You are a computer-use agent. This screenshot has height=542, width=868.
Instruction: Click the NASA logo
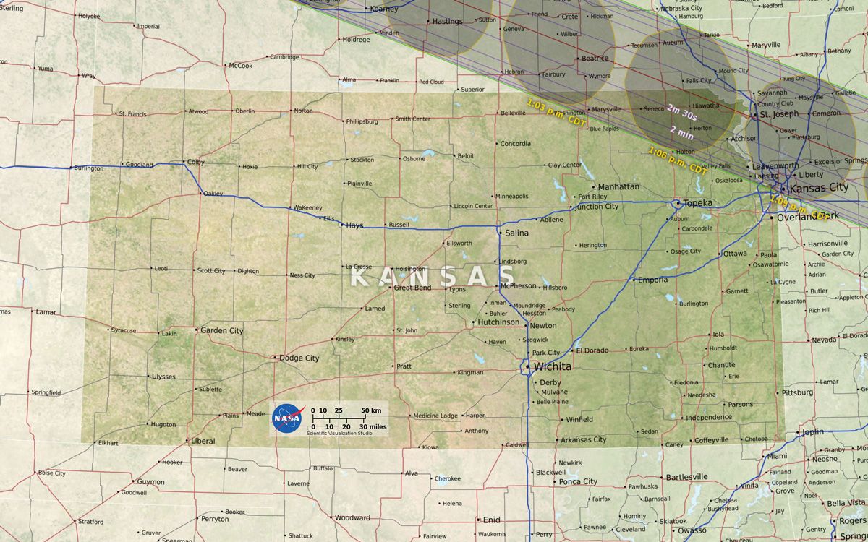(287, 418)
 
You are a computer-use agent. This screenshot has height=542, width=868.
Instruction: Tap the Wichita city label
(553, 366)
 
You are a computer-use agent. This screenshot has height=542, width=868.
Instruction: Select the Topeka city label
(698, 203)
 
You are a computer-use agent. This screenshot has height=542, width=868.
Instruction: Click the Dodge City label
(299, 358)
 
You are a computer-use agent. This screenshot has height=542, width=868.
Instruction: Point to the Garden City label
(221, 330)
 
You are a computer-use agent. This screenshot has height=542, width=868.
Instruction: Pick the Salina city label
(516, 233)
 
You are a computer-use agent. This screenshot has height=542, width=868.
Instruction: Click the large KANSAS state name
(433, 276)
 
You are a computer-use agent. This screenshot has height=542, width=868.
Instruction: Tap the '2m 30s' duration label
(682, 111)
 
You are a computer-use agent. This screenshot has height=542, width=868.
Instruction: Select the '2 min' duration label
(682, 131)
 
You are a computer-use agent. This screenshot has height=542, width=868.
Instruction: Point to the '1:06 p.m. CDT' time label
(677, 160)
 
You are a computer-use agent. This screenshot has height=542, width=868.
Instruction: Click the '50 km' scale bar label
(371, 410)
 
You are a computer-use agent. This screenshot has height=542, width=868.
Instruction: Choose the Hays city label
(354, 225)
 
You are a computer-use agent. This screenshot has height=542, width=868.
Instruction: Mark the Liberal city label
(203, 441)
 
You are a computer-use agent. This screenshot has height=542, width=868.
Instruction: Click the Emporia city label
(652, 280)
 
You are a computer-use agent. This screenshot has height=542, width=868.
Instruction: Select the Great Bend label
(412, 288)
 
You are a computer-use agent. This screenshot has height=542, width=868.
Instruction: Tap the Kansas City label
(819, 188)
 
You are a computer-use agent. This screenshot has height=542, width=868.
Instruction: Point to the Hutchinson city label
(498, 322)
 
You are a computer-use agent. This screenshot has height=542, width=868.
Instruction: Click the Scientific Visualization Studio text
(339, 434)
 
